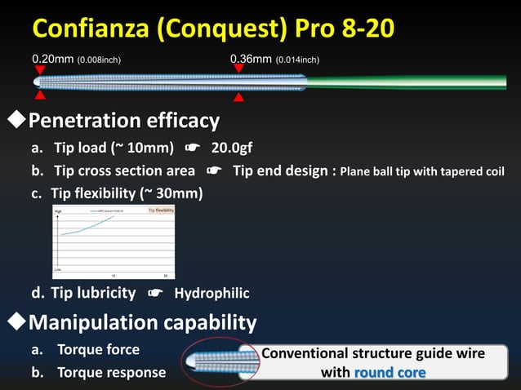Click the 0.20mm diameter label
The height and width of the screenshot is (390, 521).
pyautogui.click(x=52, y=59)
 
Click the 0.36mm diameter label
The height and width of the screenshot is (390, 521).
pyautogui.click(x=252, y=59)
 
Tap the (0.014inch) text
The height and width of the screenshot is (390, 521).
pyautogui.click(x=297, y=60)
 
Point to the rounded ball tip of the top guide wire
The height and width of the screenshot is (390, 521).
pyautogui.click(x=36, y=82)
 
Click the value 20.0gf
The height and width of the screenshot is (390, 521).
pyautogui.click(x=231, y=148)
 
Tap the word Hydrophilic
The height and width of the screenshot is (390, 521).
pyautogui.click(x=212, y=294)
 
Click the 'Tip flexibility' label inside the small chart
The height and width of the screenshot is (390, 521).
pyautogui.click(x=161, y=211)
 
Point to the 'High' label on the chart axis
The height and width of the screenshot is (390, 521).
pyautogui.click(x=58, y=211)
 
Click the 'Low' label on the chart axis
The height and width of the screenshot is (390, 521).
pyautogui.click(x=58, y=268)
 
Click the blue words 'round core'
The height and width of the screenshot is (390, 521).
pyautogui.click(x=390, y=372)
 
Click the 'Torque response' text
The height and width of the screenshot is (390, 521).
pyautogui.click(x=111, y=372)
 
